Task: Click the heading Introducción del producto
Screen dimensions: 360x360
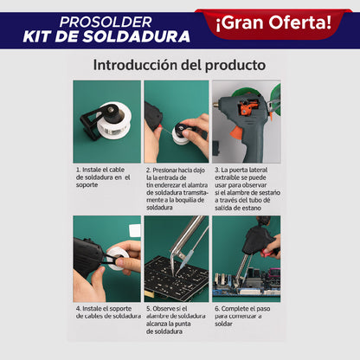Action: pos(179,65)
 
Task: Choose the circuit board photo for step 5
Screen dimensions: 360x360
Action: pos(176,257)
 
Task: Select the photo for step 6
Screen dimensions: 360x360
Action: pos(247,257)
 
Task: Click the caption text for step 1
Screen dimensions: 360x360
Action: pos(106,177)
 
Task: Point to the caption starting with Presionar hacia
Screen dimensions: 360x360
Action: pos(177,189)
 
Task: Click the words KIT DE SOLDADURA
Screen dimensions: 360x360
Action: pos(107,37)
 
